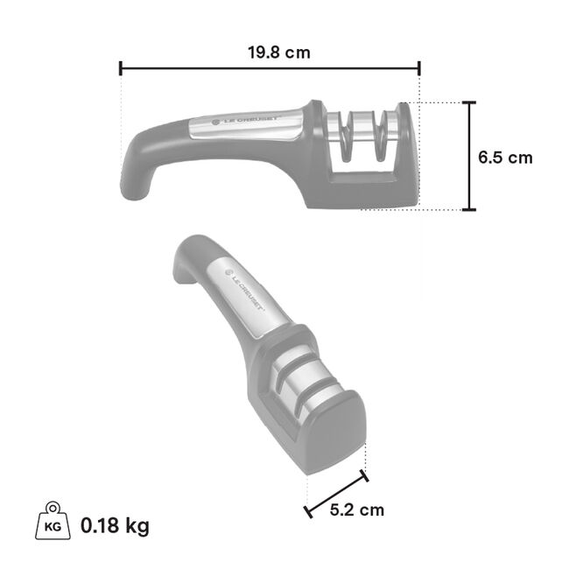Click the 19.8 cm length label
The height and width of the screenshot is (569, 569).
278,53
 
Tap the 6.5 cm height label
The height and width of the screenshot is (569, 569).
505,158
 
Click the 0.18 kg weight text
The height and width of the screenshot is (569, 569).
115,526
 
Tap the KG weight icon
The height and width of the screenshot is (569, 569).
52,523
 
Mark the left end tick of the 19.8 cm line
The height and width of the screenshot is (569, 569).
120,68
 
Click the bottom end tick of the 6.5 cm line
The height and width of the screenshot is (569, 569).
471,210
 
